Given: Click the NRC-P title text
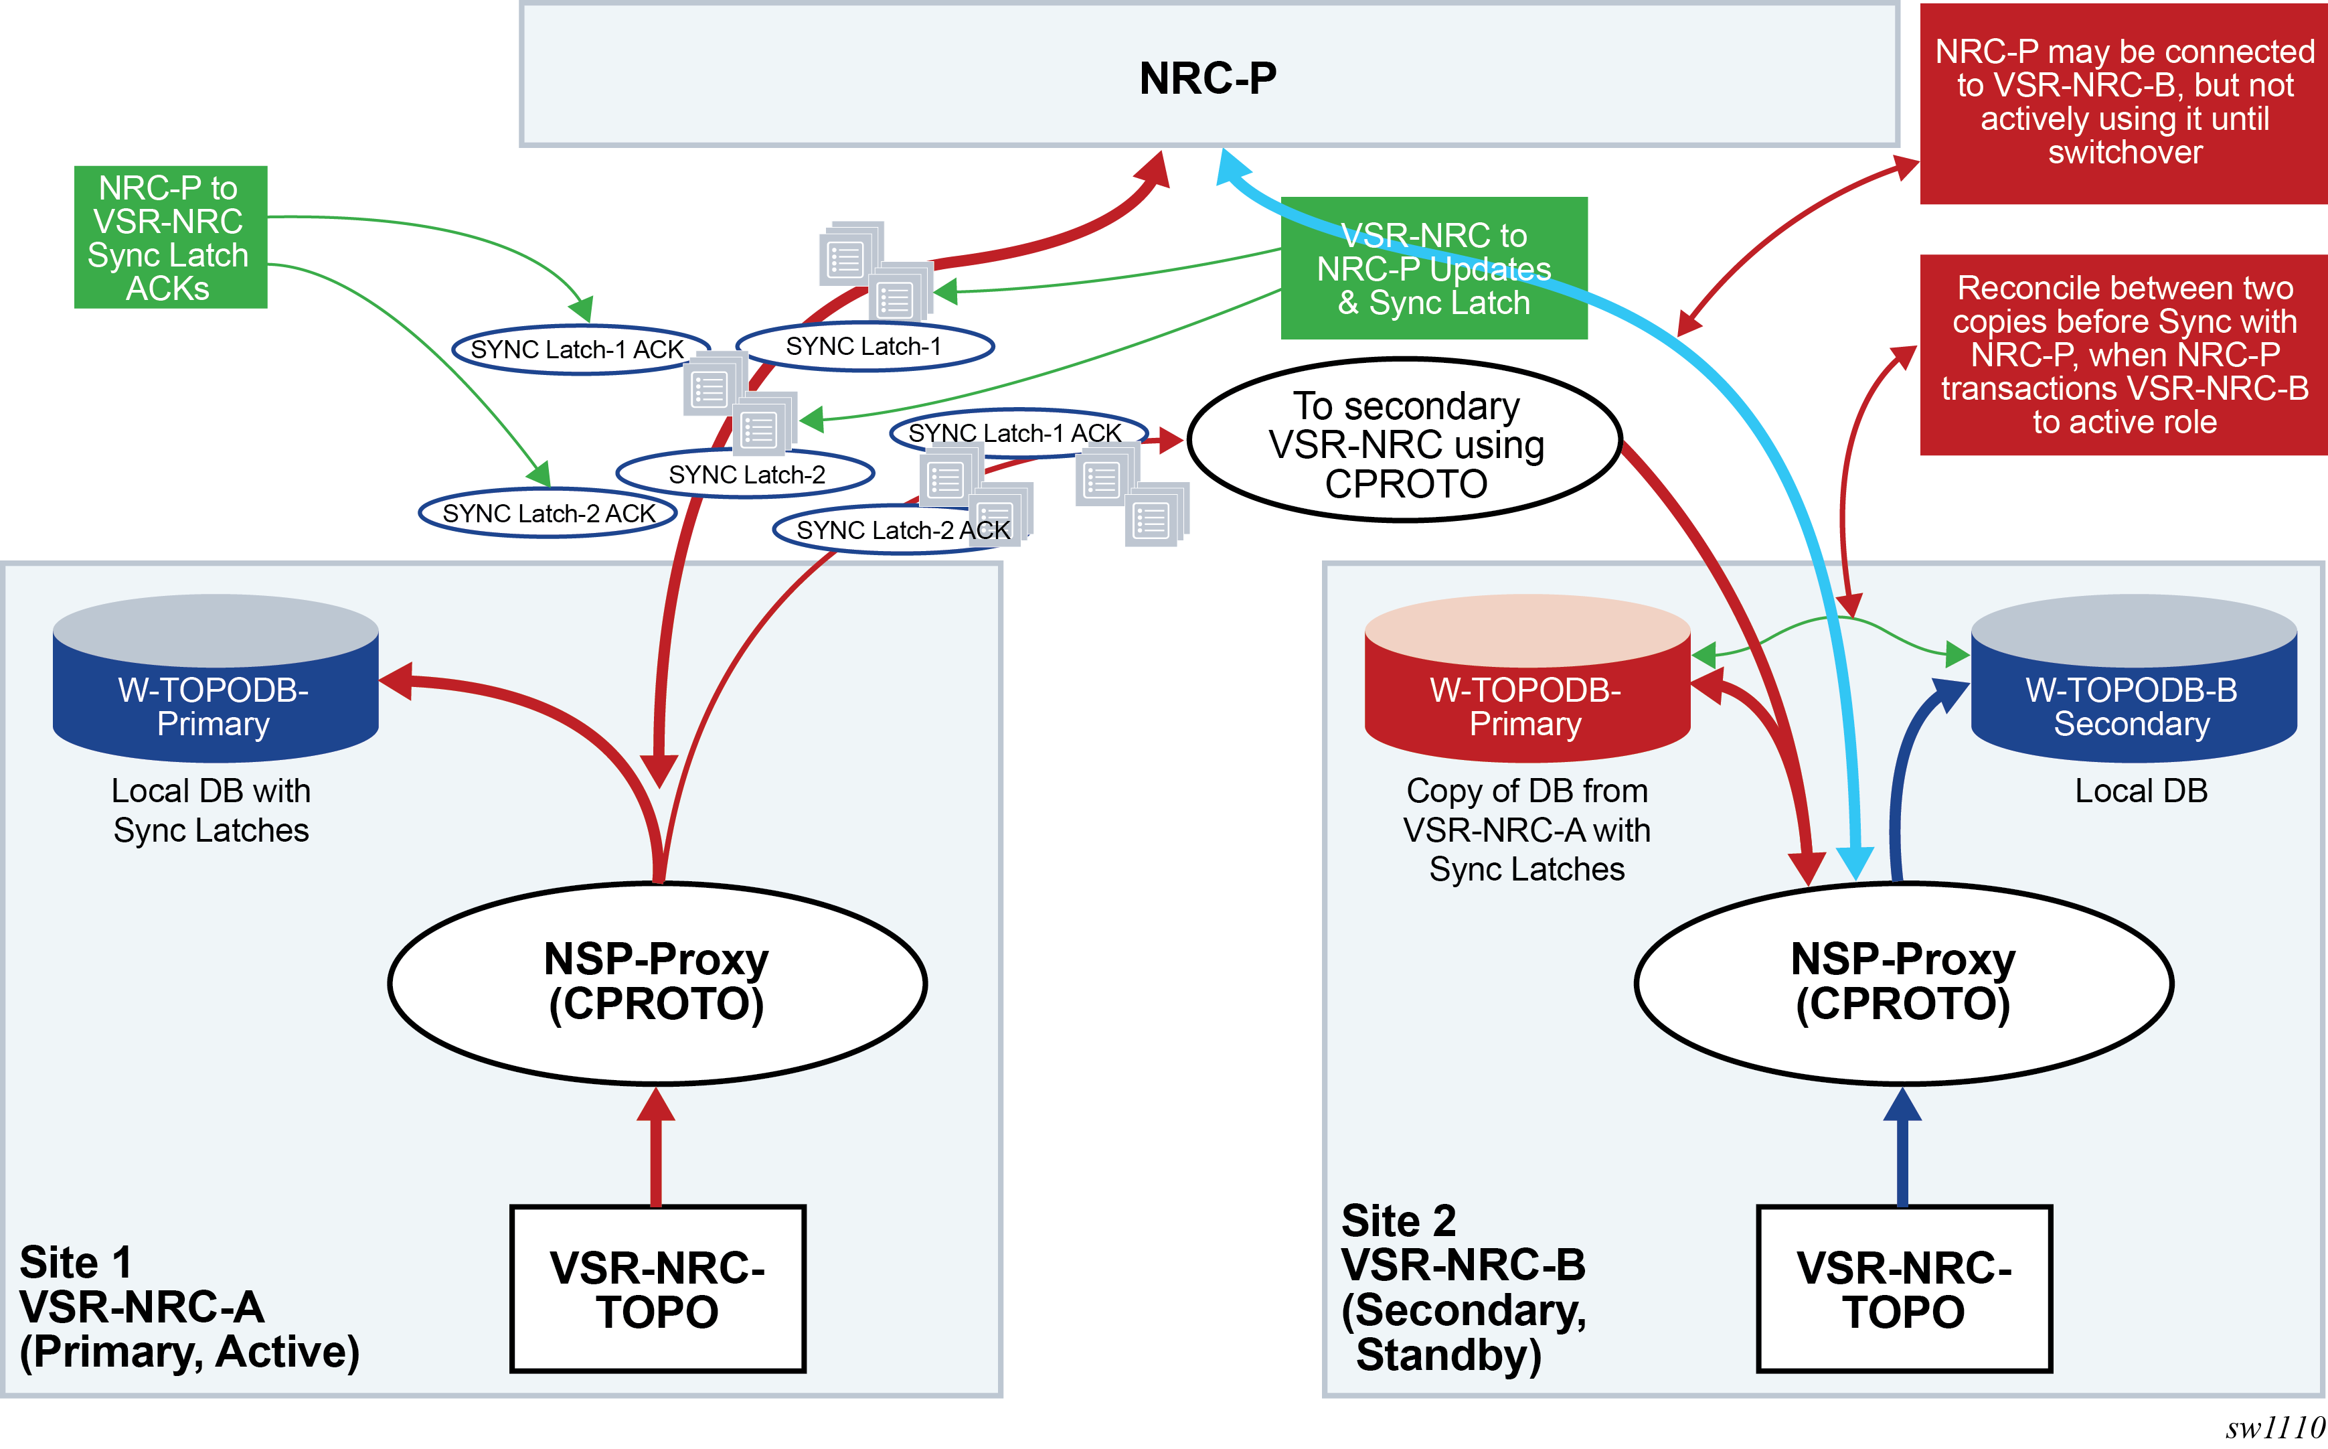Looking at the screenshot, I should (x=1207, y=78).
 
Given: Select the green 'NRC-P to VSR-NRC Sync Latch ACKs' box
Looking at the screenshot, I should (x=169, y=237).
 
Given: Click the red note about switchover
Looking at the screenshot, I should (x=2123, y=102).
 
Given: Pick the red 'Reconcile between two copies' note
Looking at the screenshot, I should (x=2123, y=355).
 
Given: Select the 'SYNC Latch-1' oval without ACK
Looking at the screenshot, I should (x=863, y=346).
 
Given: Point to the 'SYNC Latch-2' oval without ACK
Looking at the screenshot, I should (x=746, y=474).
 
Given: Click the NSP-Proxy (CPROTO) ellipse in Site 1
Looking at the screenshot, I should (x=657, y=982).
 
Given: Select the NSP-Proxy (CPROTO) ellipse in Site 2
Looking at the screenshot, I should (x=1903, y=982).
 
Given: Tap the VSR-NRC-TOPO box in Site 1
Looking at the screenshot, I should (x=657, y=1289).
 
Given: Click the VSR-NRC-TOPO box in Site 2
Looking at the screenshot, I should (x=1903, y=1289).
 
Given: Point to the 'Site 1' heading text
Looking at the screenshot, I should (x=75, y=1262).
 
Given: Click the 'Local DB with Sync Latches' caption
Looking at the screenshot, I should (x=211, y=811).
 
